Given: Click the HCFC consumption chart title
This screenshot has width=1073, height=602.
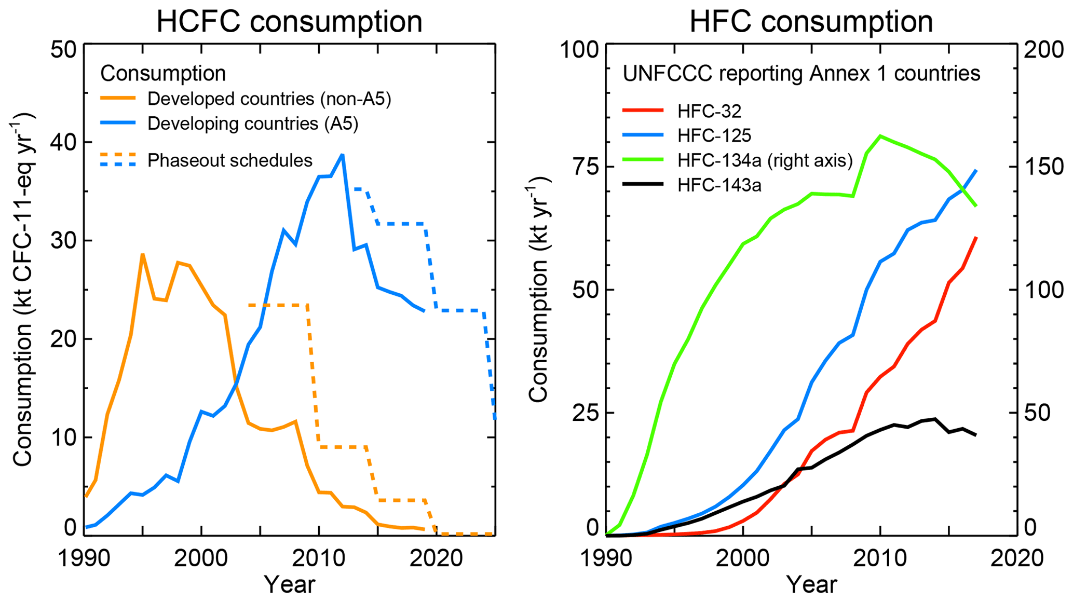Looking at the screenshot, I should [x=289, y=22].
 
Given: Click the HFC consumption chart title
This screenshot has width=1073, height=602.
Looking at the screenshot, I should [x=811, y=22].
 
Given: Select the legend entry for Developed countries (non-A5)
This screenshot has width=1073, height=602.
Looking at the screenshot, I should [x=269, y=99].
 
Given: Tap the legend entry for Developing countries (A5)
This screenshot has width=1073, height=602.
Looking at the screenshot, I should [x=253, y=124].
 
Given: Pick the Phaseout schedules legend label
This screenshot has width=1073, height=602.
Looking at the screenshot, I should [x=229, y=160].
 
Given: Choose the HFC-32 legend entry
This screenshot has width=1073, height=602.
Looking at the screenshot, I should [x=709, y=111].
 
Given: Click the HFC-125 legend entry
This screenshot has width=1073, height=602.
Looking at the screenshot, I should [x=714, y=135].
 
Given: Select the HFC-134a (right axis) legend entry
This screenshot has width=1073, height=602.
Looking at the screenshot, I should [x=765, y=160].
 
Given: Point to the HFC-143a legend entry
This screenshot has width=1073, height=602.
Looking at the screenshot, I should [x=719, y=185].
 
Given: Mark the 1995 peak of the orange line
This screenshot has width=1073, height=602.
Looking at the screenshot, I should [x=142, y=254].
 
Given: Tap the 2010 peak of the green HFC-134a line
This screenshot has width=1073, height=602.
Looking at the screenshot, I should [x=880, y=136].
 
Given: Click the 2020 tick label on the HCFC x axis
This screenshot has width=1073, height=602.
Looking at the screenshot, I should [x=436, y=559].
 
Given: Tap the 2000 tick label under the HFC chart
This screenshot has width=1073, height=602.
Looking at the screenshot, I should [x=743, y=559].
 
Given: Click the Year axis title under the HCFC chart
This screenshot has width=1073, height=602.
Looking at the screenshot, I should [x=289, y=585].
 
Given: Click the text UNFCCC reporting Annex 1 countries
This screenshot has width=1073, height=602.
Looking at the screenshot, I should [x=801, y=74].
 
